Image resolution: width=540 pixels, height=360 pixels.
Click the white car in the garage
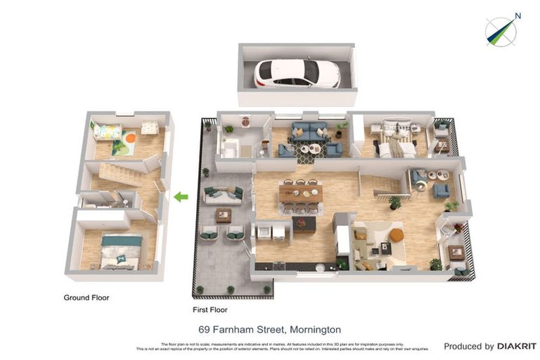pos(297,73)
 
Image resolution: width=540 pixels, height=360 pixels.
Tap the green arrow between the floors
pos(181,197)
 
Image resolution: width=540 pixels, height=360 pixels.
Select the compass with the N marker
pos(501,32)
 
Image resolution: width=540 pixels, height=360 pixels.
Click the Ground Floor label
pos(86,297)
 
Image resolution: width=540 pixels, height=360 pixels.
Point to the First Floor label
pos(210,309)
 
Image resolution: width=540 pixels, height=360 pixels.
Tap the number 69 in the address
pos(205,329)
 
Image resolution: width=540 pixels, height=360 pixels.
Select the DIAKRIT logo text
pos(517,347)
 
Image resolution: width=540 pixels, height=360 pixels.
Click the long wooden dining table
pos(300,193)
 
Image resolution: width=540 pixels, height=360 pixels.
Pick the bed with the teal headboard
pos(120,251)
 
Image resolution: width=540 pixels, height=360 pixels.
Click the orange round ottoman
pos(396,234)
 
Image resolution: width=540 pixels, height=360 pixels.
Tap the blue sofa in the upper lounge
pos(309,131)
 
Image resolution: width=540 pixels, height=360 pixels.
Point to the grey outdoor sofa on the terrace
pos(224,193)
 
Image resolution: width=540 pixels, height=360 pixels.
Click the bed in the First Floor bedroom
pos(396,139)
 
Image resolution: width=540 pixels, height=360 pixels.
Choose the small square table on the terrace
pos(224,215)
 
